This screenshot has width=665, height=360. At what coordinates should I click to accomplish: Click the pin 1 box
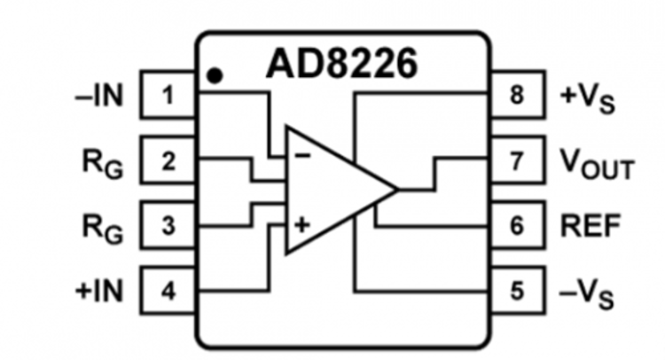click(169, 96)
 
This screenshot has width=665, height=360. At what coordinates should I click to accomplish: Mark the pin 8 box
click(515, 96)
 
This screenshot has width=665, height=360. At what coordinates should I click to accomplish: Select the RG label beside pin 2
click(100, 163)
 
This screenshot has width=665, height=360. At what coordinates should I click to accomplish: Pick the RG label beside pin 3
click(100, 228)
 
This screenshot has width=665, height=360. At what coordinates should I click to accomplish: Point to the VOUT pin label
click(597, 164)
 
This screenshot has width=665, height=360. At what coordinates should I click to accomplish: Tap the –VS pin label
click(588, 293)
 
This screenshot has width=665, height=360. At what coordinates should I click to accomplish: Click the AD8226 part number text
click(342, 65)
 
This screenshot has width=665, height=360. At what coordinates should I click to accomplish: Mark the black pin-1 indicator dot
click(214, 75)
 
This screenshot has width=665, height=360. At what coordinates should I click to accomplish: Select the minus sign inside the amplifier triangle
click(302, 156)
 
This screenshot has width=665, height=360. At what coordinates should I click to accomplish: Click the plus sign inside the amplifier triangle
click(302, 225)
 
